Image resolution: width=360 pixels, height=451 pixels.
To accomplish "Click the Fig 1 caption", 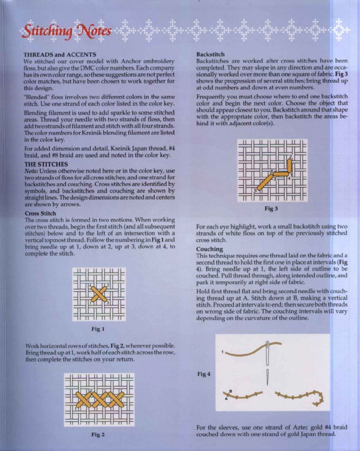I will [98, 329].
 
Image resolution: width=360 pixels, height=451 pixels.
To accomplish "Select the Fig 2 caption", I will [98, 434].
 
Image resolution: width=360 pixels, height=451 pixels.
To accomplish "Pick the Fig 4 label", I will [204, 374].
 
